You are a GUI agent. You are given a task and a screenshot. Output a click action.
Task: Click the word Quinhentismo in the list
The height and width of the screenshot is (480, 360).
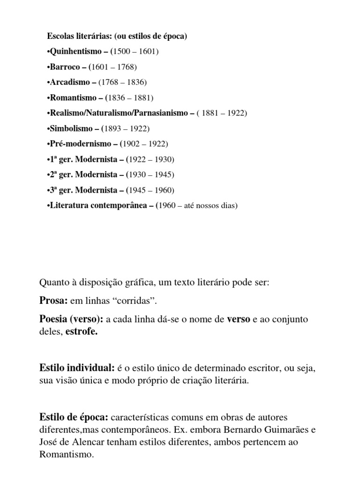coord(73,52)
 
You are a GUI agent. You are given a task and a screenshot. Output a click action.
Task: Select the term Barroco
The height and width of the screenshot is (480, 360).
coord(64,67)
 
